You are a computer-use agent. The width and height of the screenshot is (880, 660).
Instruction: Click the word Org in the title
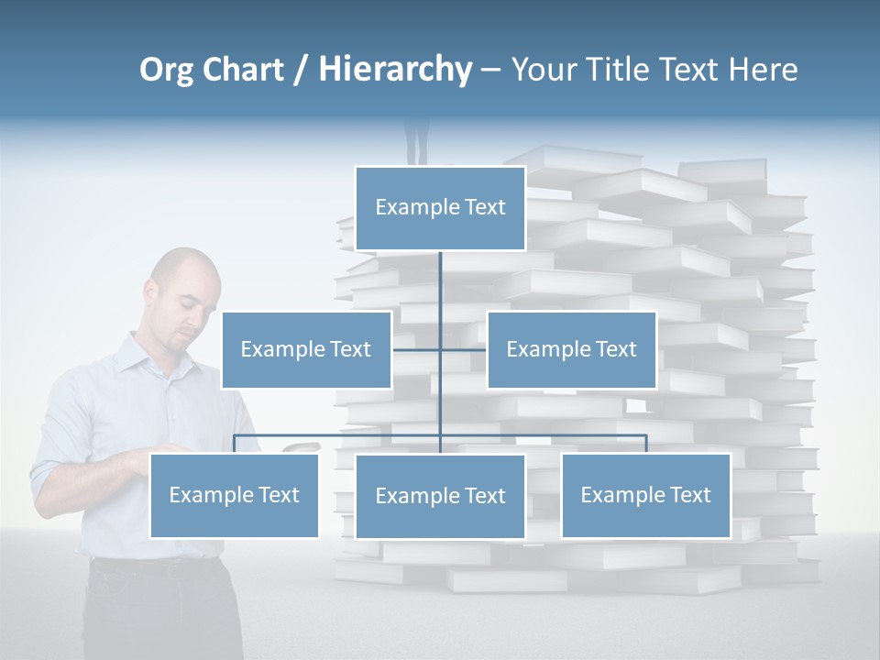[x=166, y=70]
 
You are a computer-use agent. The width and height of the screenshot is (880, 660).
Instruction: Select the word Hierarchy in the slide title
[x=395, y=70]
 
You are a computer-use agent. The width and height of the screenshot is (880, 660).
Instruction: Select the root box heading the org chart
[x=440, y=208]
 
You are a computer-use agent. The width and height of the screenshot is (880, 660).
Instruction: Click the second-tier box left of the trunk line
[x=306, y=349]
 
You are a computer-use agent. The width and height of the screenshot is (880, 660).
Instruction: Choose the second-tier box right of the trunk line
[x=571, y=349]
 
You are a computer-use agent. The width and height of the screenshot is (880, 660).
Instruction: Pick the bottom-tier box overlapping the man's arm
[x=234, y=495]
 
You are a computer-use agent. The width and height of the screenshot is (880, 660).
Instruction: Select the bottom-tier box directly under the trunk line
[x=440, y=496]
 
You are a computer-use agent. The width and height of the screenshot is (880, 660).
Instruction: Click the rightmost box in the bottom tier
[x=645, y=495]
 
